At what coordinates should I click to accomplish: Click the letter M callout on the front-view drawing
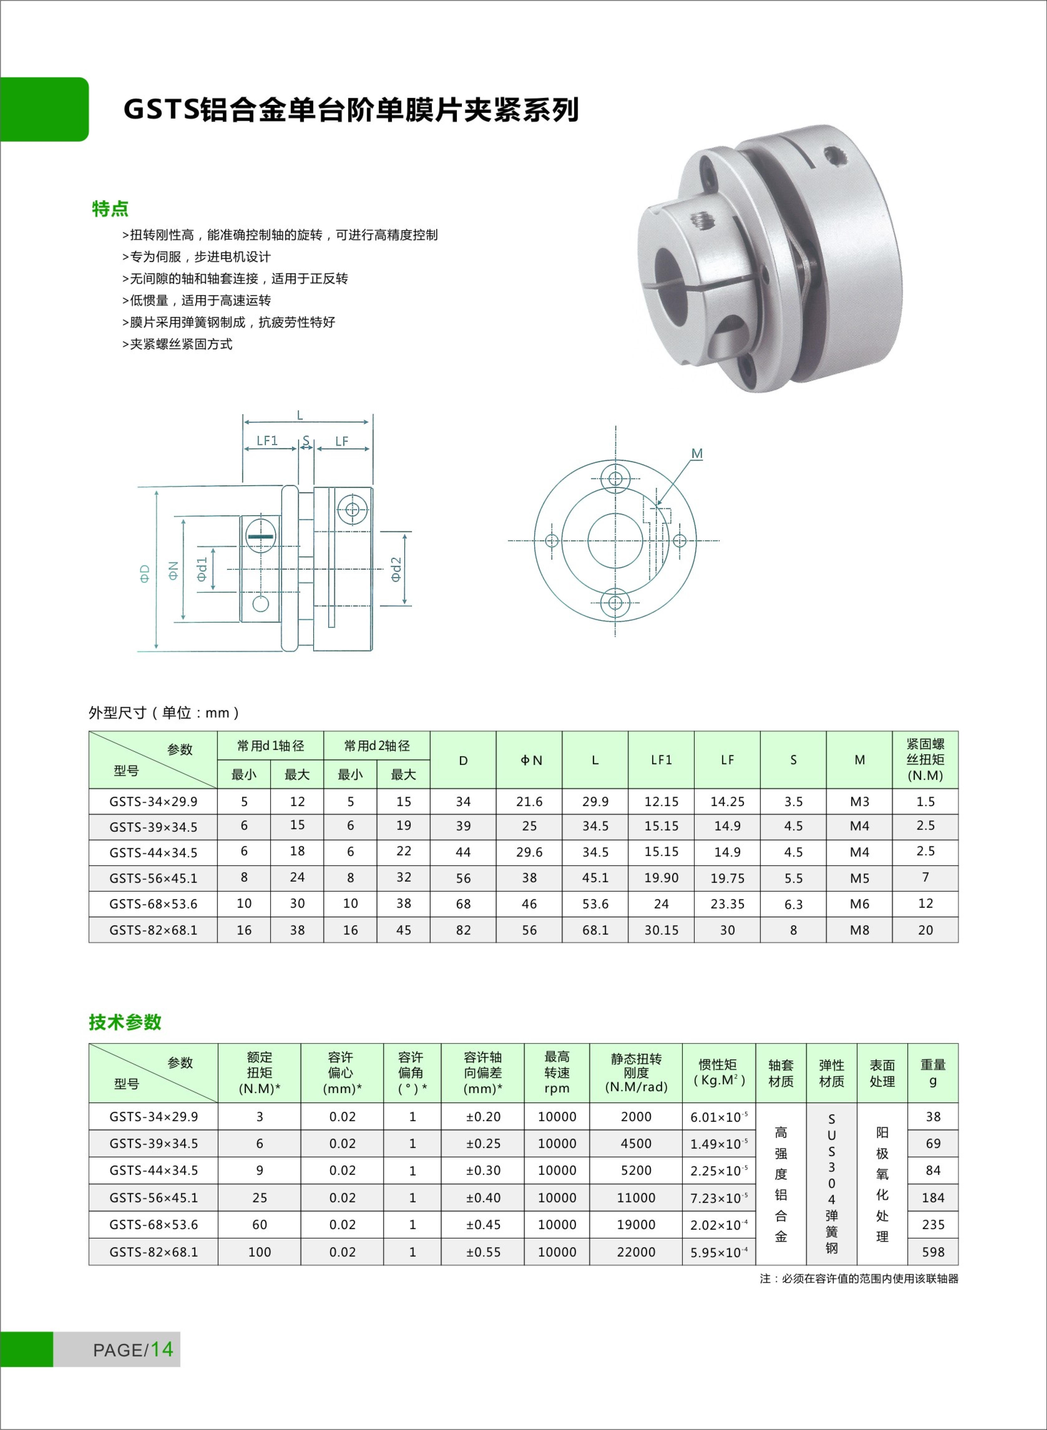coord(696,454)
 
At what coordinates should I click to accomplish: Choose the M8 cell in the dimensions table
coord(859,930)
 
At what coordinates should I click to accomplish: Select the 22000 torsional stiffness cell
coord(636,1252)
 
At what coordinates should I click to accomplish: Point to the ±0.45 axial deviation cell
coord(483,1225)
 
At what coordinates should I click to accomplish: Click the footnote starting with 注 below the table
coord(859,1279)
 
